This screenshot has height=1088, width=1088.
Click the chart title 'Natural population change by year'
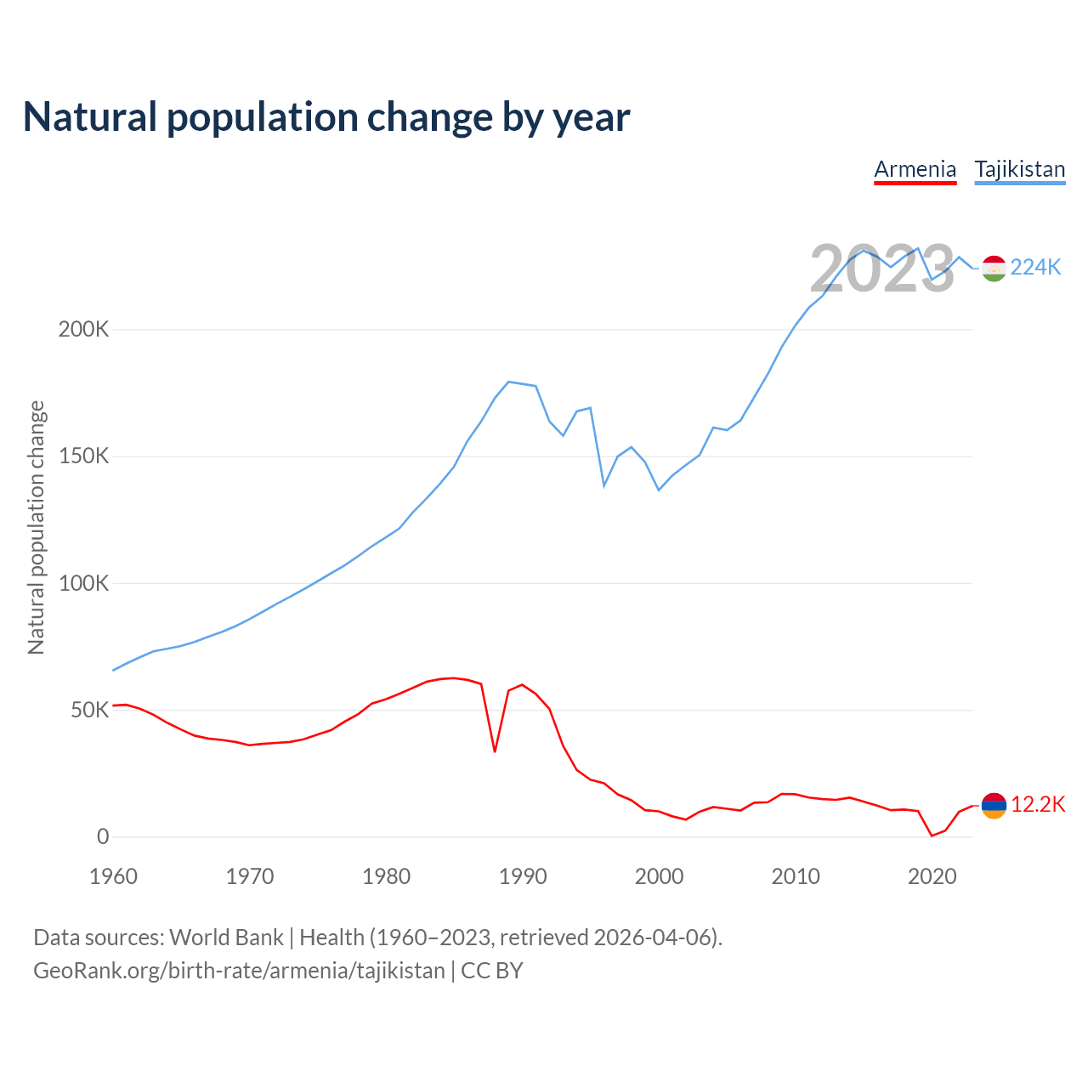326,117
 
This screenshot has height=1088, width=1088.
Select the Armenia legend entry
915,169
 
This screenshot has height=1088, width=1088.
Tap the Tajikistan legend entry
1019,169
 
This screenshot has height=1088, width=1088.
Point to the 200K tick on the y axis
83,330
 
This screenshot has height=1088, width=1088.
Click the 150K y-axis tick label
83,456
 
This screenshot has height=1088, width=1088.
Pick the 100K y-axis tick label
83,584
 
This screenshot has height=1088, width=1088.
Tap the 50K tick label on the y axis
89,711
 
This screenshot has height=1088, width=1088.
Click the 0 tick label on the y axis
103,837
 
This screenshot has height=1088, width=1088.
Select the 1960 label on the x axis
113,876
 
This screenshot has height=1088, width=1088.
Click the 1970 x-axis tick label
250,876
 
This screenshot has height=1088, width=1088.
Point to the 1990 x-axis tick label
523,876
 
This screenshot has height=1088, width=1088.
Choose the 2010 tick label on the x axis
796,876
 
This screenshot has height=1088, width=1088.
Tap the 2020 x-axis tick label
932,876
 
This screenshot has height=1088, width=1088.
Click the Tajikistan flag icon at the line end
994,268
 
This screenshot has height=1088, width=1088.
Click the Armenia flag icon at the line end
994,805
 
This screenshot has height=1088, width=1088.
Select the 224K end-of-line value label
1035,268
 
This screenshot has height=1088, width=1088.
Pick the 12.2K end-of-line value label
1038,805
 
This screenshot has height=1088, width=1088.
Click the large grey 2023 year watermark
882,269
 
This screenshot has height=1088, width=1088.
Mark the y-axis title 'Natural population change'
37,527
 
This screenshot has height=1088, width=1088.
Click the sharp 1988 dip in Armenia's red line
495,751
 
